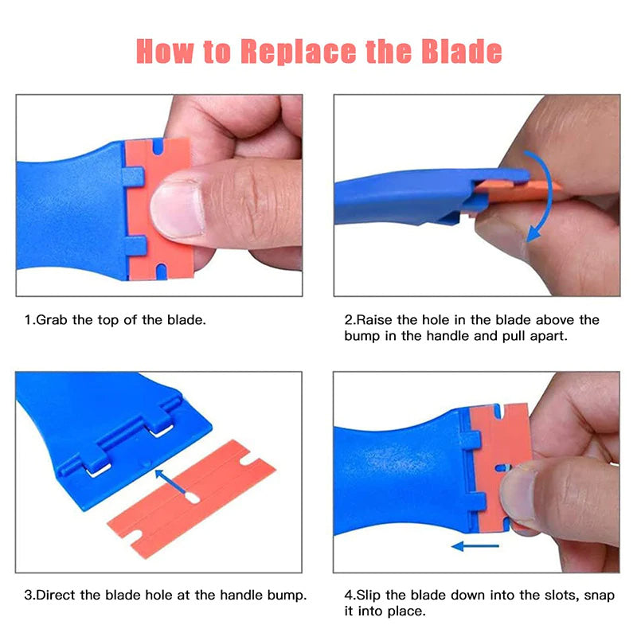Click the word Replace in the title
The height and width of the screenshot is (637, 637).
coord(299,51)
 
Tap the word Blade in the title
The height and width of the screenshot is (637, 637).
coord(462,51)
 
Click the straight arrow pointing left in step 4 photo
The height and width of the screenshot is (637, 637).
coord(475,546)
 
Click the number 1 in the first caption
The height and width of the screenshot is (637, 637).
coord(27,320)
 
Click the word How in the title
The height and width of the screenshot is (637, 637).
coord(163,51)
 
